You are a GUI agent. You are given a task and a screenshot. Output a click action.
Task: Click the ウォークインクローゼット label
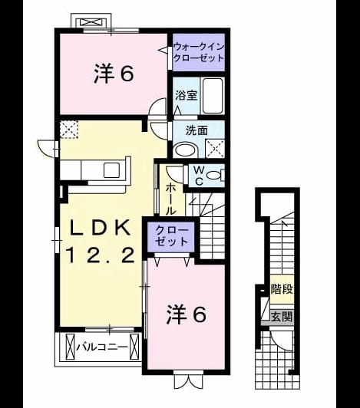199,52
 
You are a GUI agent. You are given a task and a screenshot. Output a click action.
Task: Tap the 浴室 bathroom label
186,96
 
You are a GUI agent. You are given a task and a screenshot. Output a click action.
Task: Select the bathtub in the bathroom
213,96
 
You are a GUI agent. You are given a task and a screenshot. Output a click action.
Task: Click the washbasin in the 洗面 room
186,150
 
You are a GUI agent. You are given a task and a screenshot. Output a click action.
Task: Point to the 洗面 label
197,130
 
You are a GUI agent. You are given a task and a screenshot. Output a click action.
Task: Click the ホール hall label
171,199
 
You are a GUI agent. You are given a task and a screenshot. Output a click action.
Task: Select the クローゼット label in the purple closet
171,236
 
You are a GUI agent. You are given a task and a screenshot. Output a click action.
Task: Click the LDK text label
101,229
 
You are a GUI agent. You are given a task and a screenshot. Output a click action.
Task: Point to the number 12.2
101,255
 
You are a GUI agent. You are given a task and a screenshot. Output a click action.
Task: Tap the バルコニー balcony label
102,347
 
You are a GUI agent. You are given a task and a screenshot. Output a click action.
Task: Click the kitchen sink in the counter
111,170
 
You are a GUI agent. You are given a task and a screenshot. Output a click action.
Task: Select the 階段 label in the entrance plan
282,289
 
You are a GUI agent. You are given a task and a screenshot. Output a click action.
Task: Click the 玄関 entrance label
282,317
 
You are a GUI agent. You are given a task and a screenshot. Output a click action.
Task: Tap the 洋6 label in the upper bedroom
114,74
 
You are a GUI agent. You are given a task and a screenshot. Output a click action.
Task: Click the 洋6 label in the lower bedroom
187,314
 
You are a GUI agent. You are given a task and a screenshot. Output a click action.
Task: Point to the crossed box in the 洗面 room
215,149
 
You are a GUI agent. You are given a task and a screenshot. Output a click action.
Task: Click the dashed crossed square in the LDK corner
69,130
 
